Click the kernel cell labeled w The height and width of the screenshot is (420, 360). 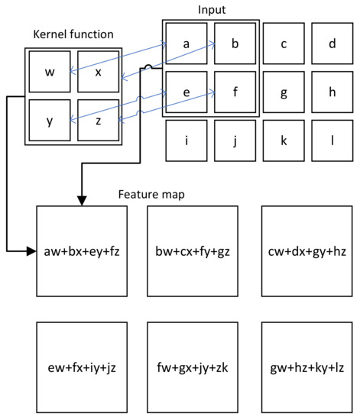[x=50, y=73]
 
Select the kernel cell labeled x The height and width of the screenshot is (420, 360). [x=99, y=73]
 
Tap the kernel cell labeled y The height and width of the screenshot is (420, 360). [x=50, y=119]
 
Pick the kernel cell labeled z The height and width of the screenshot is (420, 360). [x=99, y=119]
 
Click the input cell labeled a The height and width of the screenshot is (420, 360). [x=186, y=44]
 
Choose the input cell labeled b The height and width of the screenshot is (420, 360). [x=235, y=44]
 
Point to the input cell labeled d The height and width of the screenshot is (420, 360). [x=332, y=44]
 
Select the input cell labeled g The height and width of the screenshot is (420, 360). [x=284, y=92]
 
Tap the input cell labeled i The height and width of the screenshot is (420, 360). [x=186, y=141]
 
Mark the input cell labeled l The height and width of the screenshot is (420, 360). [x=332, y=141]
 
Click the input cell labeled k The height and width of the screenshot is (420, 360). [x=284, y=141]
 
